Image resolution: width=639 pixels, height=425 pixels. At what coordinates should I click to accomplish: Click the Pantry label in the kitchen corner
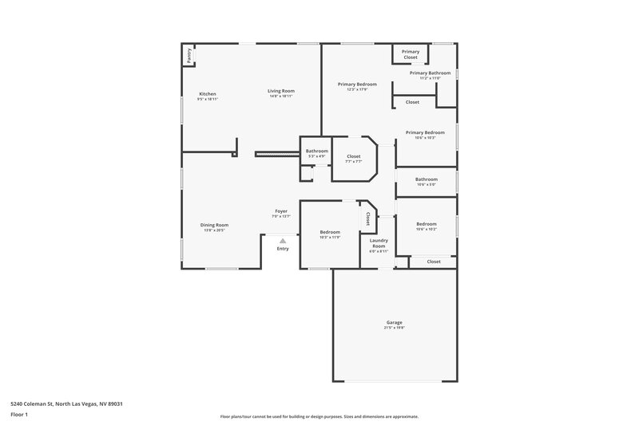pyautogui.click(x=189, y=55)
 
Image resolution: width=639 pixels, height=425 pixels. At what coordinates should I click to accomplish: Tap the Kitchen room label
pyautogui.click(x=208, y=94)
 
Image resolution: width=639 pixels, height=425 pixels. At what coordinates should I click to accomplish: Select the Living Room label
pyautogui.click(x=281, y=91)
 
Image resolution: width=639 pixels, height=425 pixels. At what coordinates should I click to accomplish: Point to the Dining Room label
pyautogui.click(x=214, y=225)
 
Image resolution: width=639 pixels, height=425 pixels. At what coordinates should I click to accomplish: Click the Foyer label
pyautogui.click(x=281, y=211)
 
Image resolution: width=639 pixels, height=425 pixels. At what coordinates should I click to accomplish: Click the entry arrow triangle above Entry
pyautogui.click(x=282, y=240)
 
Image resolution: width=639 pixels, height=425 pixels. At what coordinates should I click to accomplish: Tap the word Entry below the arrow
pyautogui.click(x=283, y=249)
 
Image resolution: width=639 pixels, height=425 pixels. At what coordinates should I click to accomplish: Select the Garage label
pyautogui.click(x=395, y=322)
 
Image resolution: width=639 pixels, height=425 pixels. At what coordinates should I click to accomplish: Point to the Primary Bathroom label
pyautogui.click(x=430, y=73)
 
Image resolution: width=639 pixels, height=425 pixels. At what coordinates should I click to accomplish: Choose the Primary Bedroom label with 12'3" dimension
pyautogui.click(x=356, y=84)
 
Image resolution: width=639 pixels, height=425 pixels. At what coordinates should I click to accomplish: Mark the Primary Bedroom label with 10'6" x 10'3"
pyautogui.click(x=424, y=132)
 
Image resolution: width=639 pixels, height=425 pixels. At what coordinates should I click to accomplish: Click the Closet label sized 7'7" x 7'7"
pyautogui.click(x=353, y=156)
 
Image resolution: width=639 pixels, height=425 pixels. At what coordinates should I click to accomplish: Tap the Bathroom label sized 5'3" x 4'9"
pyautogui.click(x=316, y=151)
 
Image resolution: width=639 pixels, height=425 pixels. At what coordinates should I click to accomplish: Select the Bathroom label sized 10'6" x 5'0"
pyautogui.click(x=426, y=179)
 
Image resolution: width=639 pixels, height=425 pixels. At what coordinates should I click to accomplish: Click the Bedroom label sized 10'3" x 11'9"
pyautogui.click(x=330, y=232)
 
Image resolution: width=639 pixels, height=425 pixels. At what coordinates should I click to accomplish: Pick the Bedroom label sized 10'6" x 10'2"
pyautogui.click(x=426, y=224)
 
